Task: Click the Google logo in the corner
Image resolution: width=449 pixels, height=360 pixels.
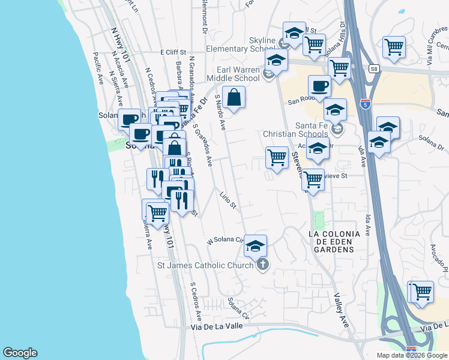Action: pyautogui.click(x=20, y=353)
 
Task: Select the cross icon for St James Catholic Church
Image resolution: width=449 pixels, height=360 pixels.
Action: pyautogui.click(x=262, y=265)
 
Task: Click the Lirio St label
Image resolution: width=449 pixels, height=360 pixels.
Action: pyautogui.click(x=228, y=201)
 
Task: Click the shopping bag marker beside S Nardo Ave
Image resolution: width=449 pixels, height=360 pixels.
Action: pyautogui.click(x=235, y=97)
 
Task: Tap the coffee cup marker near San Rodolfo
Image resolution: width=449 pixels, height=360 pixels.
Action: pyautogui.click(x=319, y=86)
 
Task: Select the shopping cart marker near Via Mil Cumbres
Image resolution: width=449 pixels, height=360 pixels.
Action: pyautogui.click(x=394, y=46)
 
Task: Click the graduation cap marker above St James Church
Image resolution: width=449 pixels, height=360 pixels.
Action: pyautogui.click(x=255, y=245)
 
